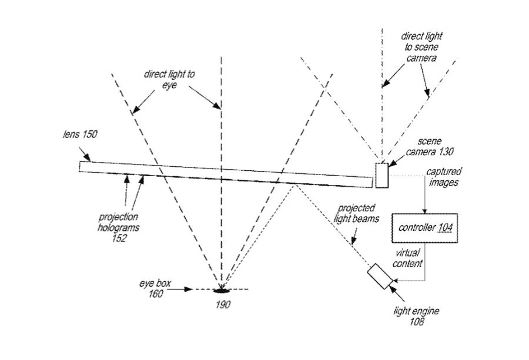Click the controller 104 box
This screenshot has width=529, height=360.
[x=426, y=228]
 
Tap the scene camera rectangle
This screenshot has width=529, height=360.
[x=382, y=175]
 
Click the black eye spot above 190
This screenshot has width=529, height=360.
[x=222, y=290]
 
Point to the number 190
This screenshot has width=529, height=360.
[x=222, y=304]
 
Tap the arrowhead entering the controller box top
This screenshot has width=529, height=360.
[x=425, y=212]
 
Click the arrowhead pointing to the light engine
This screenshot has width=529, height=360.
[x=393, y=286]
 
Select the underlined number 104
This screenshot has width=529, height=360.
[x=445, y=228]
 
